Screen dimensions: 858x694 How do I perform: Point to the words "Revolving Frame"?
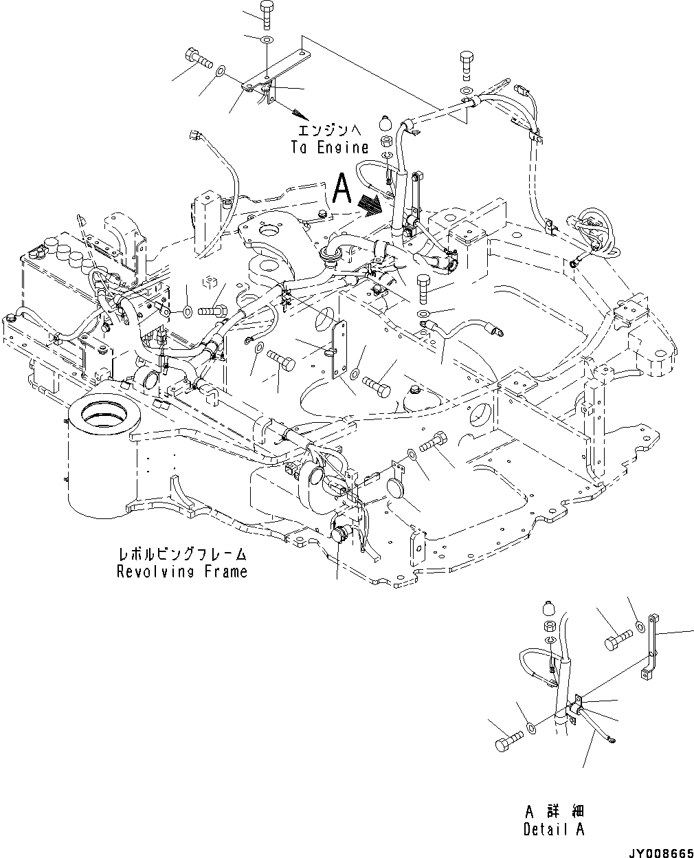pos(182,571)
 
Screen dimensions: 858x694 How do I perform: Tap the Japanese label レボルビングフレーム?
pos(182,554)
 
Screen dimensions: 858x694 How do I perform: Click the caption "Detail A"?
pos(553,829)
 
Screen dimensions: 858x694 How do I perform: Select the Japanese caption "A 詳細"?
pos(553,812)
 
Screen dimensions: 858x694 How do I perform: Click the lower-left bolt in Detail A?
pos(508,741)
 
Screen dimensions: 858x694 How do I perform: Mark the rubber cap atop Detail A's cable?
pos(548,609)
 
